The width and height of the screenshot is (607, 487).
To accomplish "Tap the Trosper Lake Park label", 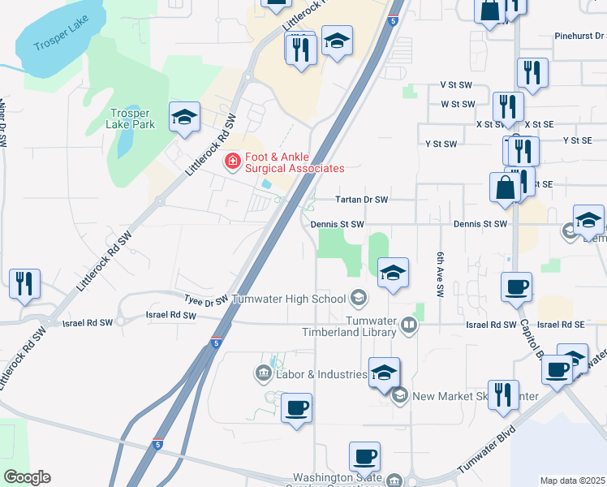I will tap(130, 119).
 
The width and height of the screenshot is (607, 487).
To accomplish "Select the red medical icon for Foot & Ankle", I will tap(232, 162).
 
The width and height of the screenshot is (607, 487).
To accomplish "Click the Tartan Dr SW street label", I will tap(363, 200).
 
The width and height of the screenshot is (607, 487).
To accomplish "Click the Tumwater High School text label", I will tap(289, 300).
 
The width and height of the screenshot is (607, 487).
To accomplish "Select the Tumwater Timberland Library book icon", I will tap(409, 326).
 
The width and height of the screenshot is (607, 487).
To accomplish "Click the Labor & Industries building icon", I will tap(262, 374).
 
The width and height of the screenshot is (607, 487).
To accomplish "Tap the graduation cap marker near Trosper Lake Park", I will tap(184, 117).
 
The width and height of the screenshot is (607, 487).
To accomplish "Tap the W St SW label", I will tap(457, 104).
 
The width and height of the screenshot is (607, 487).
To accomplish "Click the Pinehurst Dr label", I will tap(580, 36).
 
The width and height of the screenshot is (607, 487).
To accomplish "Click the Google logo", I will tap(27, 477).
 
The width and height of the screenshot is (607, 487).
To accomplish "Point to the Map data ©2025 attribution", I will tap(573, 481).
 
